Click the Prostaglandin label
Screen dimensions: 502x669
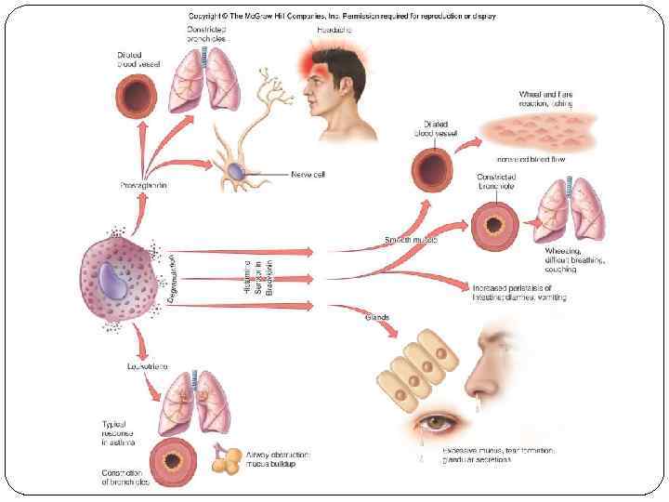coord(141,185)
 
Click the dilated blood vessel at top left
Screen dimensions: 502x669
coord(138,97)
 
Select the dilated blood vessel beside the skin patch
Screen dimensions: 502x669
coord(433,170)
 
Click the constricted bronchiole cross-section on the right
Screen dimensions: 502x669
coord(493,224)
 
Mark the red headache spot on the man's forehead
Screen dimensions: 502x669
coord(312,60)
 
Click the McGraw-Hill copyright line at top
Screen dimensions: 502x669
coord(342,16)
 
